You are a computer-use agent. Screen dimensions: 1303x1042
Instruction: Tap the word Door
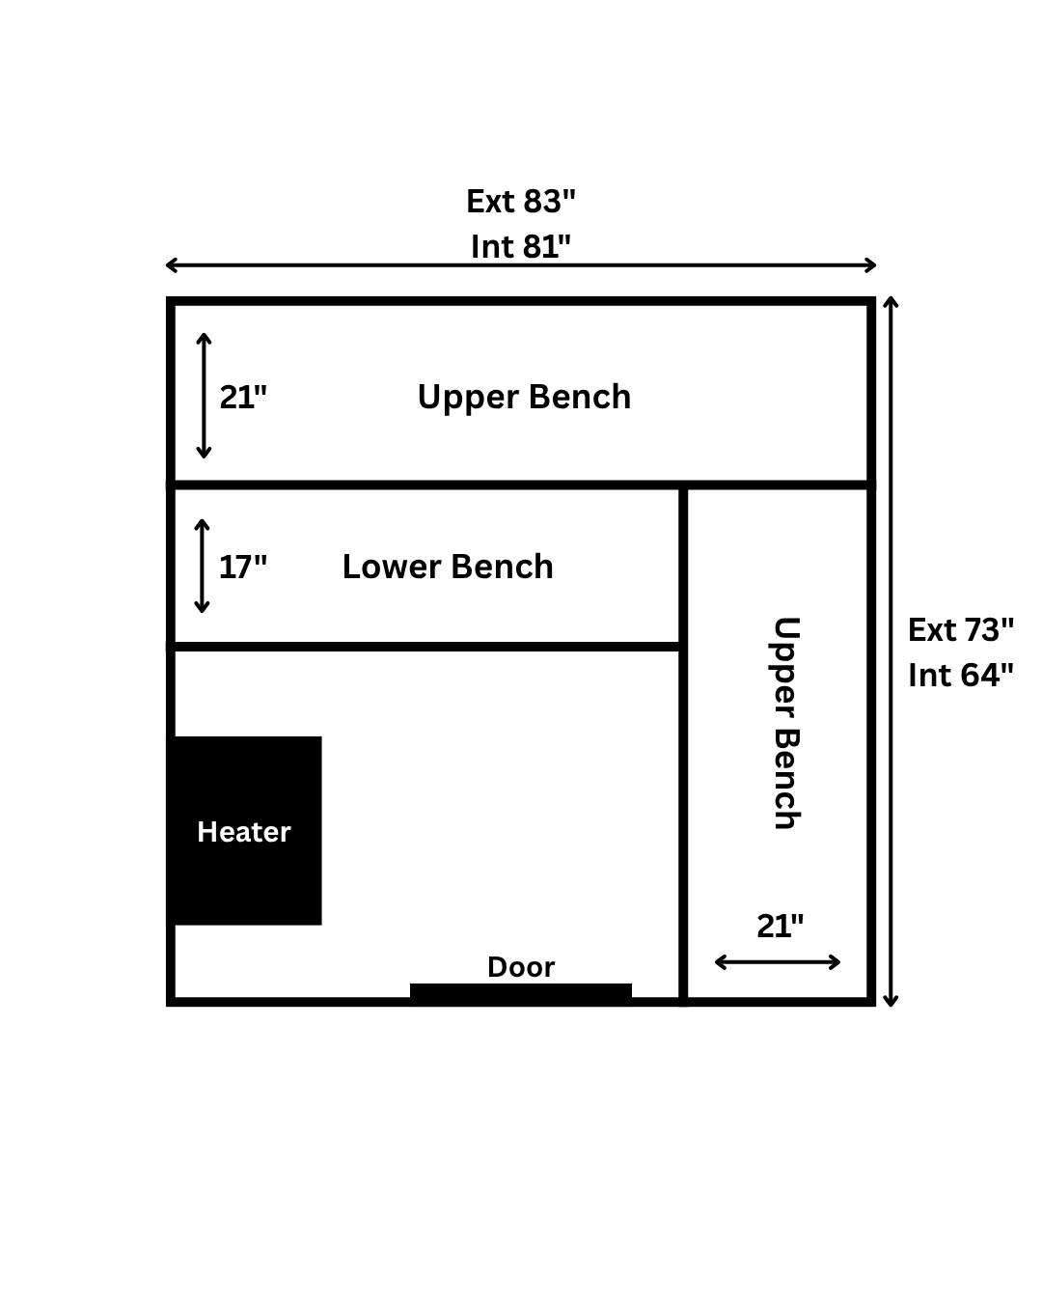[x=521, y=967]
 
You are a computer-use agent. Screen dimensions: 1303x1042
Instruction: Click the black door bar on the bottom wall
[x=521, y=993]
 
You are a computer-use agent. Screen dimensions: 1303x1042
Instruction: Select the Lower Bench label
[x=448, y=567]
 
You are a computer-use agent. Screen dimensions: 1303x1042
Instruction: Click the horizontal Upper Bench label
[x=524, y=397]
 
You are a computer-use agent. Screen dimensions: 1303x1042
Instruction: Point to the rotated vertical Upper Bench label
[x=785, y=723]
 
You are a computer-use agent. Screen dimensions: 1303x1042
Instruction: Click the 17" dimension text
[x=242, y=567]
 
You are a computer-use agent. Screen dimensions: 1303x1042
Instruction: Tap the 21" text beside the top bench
[x=243, y=397]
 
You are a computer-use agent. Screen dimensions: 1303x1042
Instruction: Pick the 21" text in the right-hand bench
[x=780, y=926]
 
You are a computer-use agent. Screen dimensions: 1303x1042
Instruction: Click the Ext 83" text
[x=521, y=201]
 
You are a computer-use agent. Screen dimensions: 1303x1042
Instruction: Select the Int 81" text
[x=521, y=246]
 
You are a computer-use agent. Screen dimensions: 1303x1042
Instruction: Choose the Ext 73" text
[x=961, y=629]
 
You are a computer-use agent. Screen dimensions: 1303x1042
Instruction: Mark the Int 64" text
[x=961, y=675]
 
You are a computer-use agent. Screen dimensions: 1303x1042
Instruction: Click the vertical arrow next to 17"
[x=202, y=567]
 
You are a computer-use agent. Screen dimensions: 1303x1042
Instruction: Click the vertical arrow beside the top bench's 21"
[x=204, y=396]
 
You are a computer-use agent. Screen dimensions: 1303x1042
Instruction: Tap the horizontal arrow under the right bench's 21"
[x=778, y=962]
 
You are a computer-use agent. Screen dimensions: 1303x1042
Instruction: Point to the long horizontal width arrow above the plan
[x=521, y=265]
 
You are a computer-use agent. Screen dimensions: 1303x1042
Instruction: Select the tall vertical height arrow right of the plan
[x=891, y=651]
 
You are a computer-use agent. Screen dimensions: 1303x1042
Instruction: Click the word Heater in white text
[x=243, y=832]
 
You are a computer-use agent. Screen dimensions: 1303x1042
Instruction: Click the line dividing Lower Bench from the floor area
[x=425, y=646]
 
